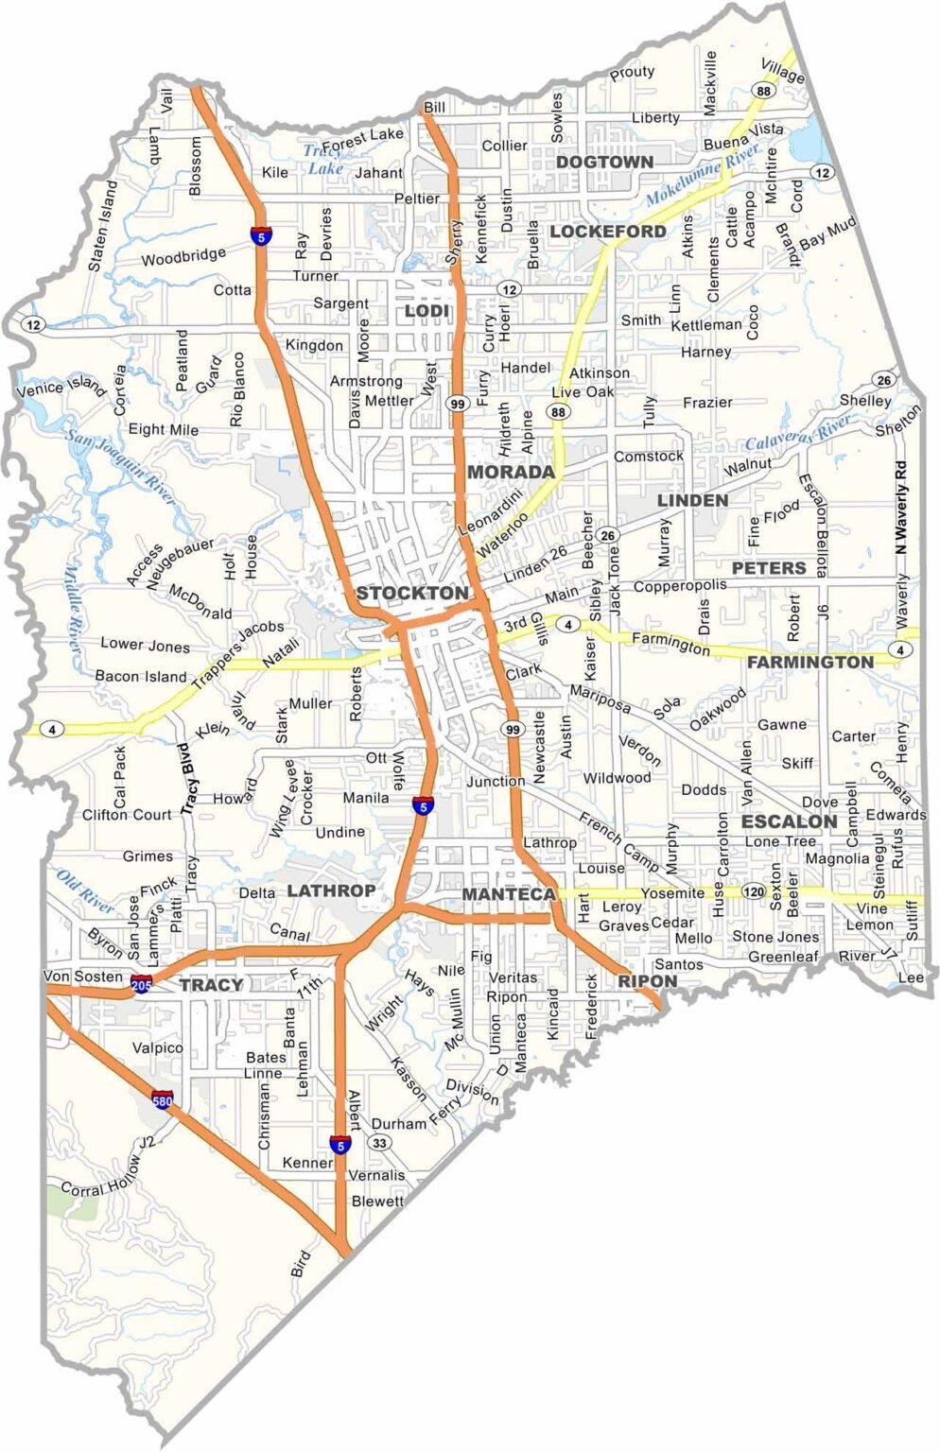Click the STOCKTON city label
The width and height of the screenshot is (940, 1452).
coord(411,594)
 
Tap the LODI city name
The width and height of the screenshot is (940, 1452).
coord(426,311)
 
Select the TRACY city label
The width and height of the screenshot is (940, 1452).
coord(211,985)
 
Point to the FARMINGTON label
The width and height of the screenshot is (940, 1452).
coord(810,663)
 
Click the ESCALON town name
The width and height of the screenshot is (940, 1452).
coord(789,821)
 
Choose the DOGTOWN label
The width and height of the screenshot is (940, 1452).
coord(604,162)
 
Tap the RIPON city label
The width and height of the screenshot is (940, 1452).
coord(648,981)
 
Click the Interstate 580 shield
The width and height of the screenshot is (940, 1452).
coord(163,1100)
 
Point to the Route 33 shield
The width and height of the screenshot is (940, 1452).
coord(380,1143)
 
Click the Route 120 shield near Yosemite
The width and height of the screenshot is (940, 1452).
coord(753,891)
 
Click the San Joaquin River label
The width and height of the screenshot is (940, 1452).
coord(121,465)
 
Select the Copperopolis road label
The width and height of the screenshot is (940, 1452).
coord(680,586)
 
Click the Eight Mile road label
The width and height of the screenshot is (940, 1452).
coord(164,429)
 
